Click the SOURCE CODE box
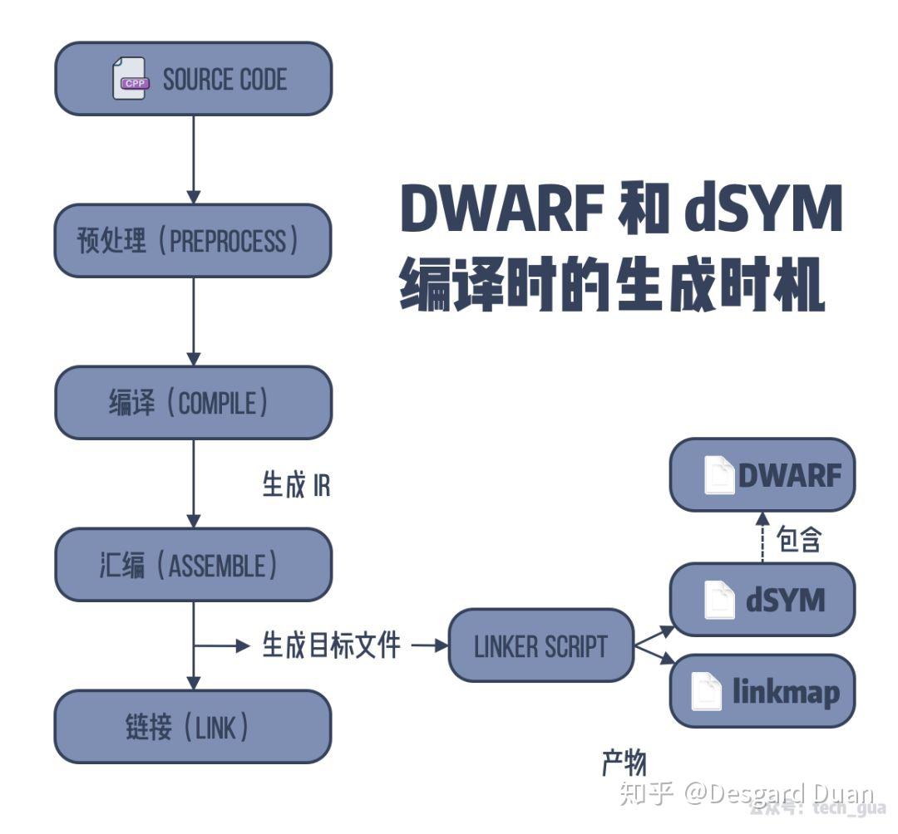193,79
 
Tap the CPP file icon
130,79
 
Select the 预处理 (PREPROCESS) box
193,241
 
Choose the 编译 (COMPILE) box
193,403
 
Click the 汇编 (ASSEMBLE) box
193,565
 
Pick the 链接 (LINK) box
193,727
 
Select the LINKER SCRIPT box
540,646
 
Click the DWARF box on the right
762,475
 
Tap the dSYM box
762,599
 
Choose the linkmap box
762,691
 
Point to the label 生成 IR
296,485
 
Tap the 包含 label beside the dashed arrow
798,540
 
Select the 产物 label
624,762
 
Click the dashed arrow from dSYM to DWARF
762,537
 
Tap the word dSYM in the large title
763,209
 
